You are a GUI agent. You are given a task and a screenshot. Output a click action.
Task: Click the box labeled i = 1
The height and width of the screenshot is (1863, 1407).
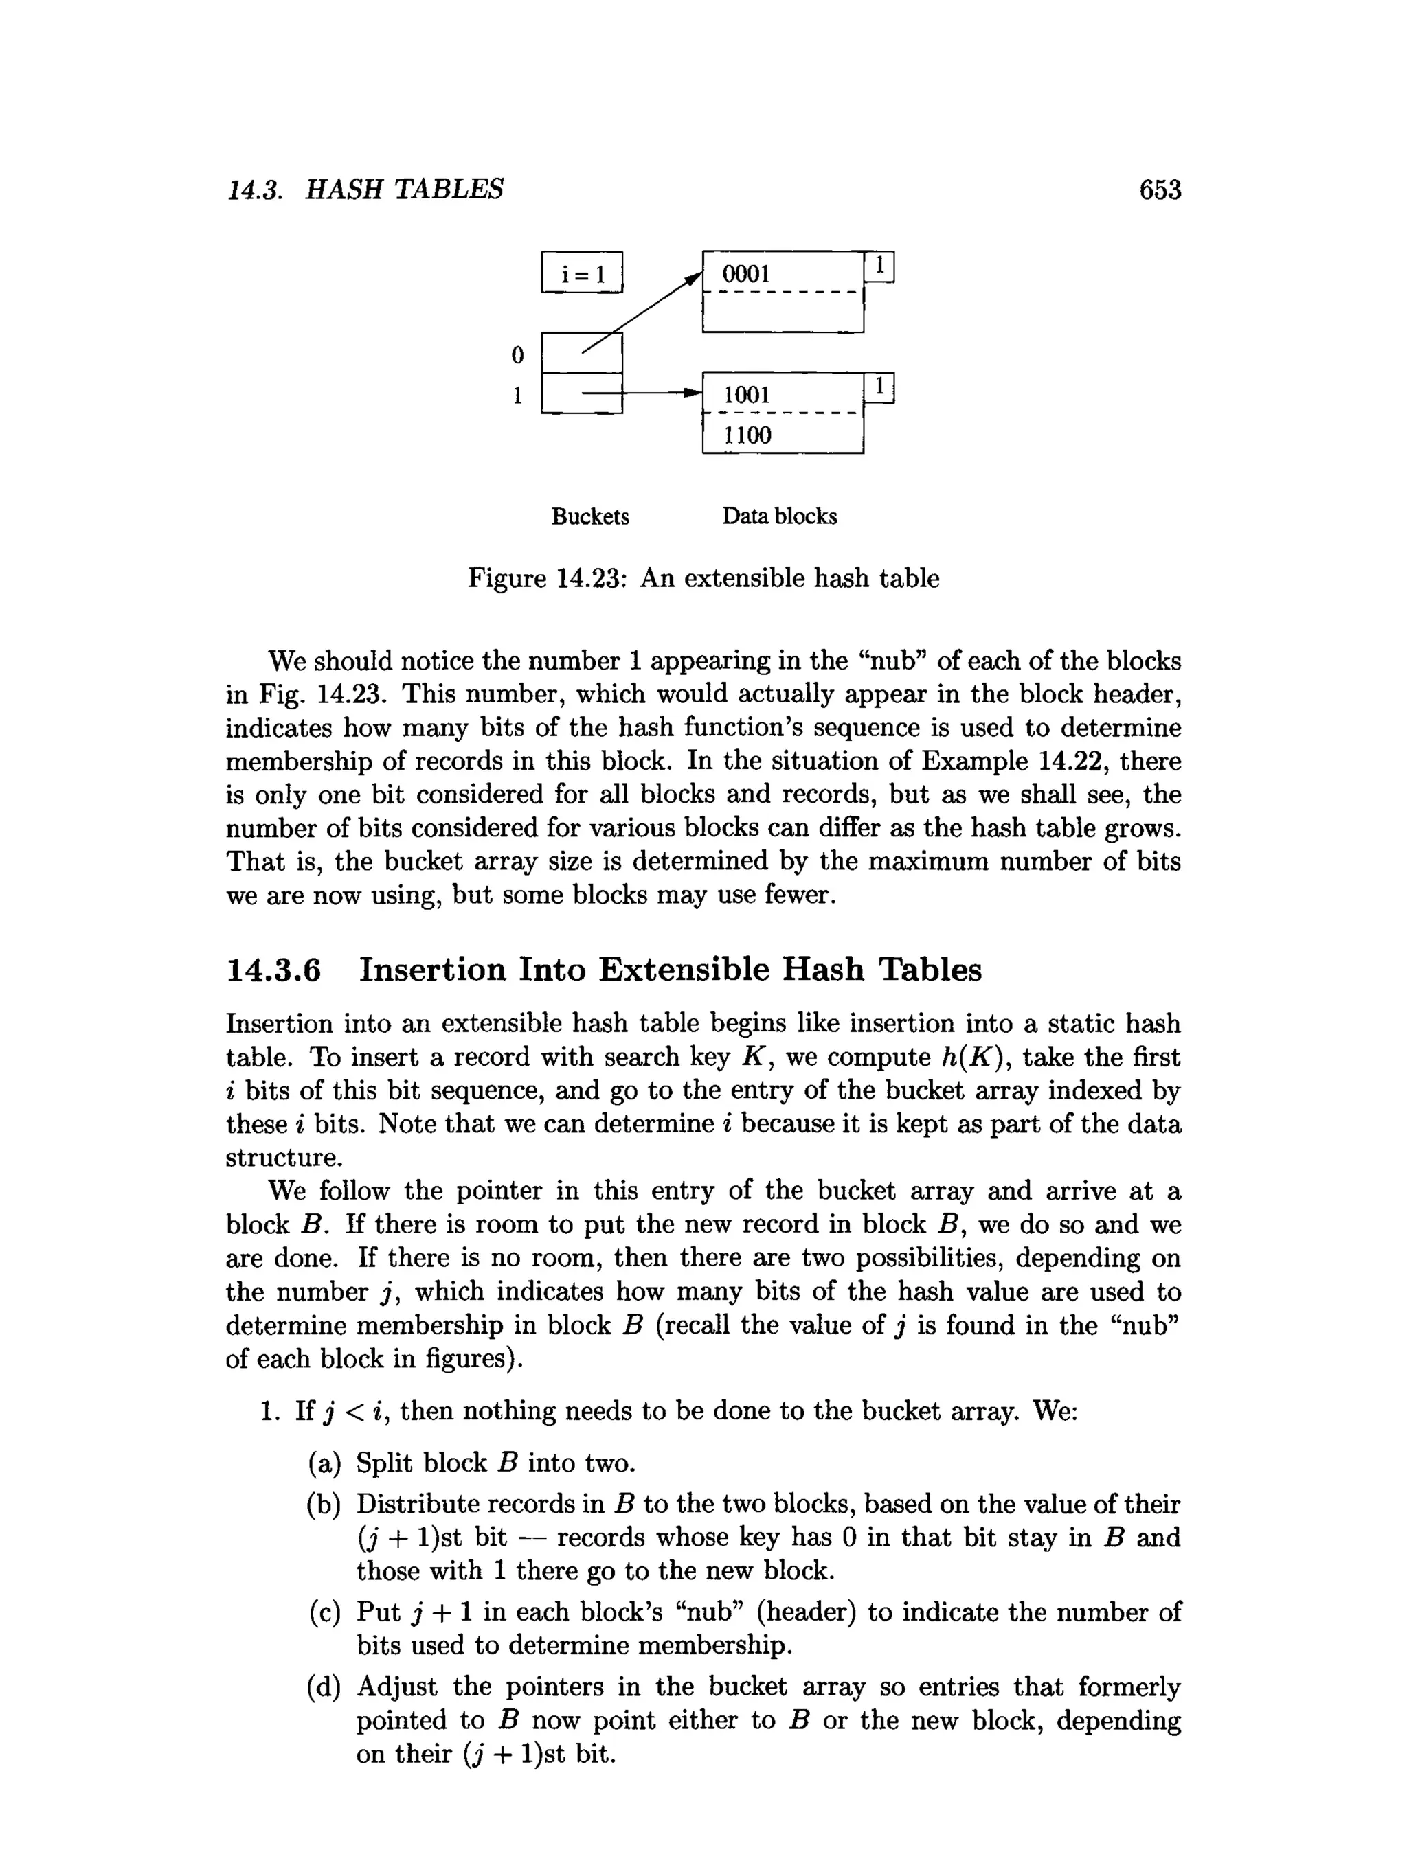click(581, 273)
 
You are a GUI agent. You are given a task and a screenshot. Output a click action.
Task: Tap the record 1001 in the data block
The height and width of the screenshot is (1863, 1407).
click(747, 394)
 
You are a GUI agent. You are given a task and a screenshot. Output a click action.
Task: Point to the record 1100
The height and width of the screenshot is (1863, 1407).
click(747, 435)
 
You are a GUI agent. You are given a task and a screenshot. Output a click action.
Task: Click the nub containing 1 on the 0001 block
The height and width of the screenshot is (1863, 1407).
click(879, 267)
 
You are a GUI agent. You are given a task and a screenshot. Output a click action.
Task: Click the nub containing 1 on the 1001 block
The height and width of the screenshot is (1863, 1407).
click(879, 387)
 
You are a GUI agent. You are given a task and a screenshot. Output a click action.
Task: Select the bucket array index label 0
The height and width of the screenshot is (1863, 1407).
click(517, 354)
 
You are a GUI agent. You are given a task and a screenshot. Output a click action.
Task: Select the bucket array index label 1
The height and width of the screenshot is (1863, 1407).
click(517, 394)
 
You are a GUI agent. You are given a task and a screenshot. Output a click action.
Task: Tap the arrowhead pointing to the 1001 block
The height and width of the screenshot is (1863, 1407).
click(693, 393)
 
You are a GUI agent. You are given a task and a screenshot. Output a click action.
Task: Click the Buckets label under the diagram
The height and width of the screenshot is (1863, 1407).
click(589, 516)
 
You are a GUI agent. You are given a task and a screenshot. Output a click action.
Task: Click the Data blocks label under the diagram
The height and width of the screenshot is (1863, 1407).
click(779, 516)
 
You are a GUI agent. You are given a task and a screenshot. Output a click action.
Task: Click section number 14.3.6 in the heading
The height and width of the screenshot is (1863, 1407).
click(274, 970)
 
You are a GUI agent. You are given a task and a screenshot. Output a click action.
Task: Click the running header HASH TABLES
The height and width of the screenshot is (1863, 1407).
click(405, 190)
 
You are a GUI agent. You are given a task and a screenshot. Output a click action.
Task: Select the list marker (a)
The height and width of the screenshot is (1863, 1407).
click(324, 1463)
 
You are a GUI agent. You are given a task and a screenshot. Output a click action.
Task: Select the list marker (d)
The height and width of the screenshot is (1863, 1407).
click(324, 1687)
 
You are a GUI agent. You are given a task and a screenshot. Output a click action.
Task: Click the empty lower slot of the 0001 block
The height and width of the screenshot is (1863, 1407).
click(782, 312)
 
